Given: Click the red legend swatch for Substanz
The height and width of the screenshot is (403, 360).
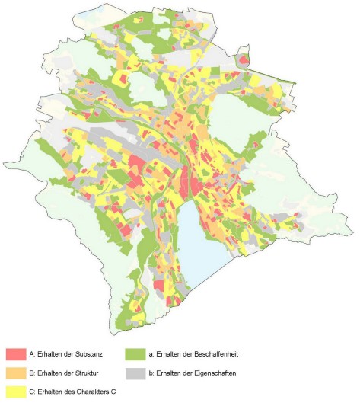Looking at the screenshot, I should click(15, 355).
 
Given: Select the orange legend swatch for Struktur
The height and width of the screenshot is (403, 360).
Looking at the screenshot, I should click(15, 373).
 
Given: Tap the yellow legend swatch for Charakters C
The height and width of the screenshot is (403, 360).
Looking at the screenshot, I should click(15, 392).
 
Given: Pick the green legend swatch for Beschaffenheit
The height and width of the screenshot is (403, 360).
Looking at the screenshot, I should click(135, 355).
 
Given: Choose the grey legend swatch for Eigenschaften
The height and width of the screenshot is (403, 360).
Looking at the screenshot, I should click(135, 373).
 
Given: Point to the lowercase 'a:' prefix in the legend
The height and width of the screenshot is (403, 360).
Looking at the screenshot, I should click(151, 355).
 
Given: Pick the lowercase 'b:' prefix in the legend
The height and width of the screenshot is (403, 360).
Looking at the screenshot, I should click(151, 373).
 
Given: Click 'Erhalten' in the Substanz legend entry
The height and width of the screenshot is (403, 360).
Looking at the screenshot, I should click(48, 355).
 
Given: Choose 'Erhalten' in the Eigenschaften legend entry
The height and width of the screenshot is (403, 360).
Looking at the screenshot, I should click(168, 373).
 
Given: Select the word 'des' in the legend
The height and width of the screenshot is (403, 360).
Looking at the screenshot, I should click(65, 392).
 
